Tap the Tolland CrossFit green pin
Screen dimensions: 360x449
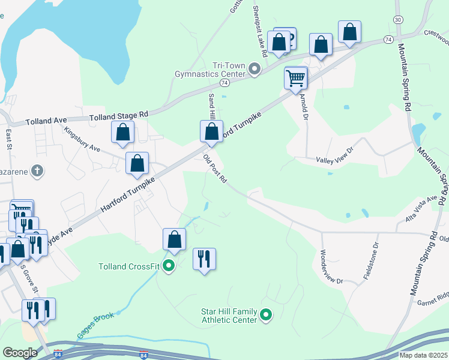(169, 266)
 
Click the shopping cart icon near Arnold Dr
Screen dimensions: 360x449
(295, 77)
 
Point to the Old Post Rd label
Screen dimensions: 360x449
(214, 169)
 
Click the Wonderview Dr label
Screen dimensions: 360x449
(331, 267)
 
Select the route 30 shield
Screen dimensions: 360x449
(398, 20)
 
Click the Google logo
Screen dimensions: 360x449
(20, 352)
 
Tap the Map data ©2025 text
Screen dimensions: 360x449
(424, 355)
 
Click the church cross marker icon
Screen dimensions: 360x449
(37, 171)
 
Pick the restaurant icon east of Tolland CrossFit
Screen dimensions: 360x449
(204, 259)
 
